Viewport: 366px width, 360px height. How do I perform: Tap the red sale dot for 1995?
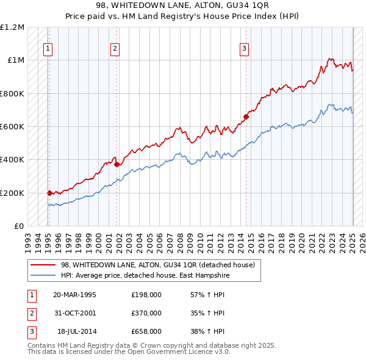(x=49, y=193)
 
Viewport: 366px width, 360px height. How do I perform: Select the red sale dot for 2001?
(x=117, y=164)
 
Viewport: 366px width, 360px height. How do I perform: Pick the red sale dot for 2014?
(x=246, y=117)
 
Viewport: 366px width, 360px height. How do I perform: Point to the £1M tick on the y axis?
(x=15, y=60)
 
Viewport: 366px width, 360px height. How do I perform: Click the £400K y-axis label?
(x=12, y=160)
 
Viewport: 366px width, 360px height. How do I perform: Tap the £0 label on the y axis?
(x=19, y=226)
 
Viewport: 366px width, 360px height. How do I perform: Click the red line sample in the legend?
(x=44, y=264)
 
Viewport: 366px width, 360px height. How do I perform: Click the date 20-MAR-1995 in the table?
(x=74, y=295)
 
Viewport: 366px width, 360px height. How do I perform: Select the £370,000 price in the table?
(x=146, y=313)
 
